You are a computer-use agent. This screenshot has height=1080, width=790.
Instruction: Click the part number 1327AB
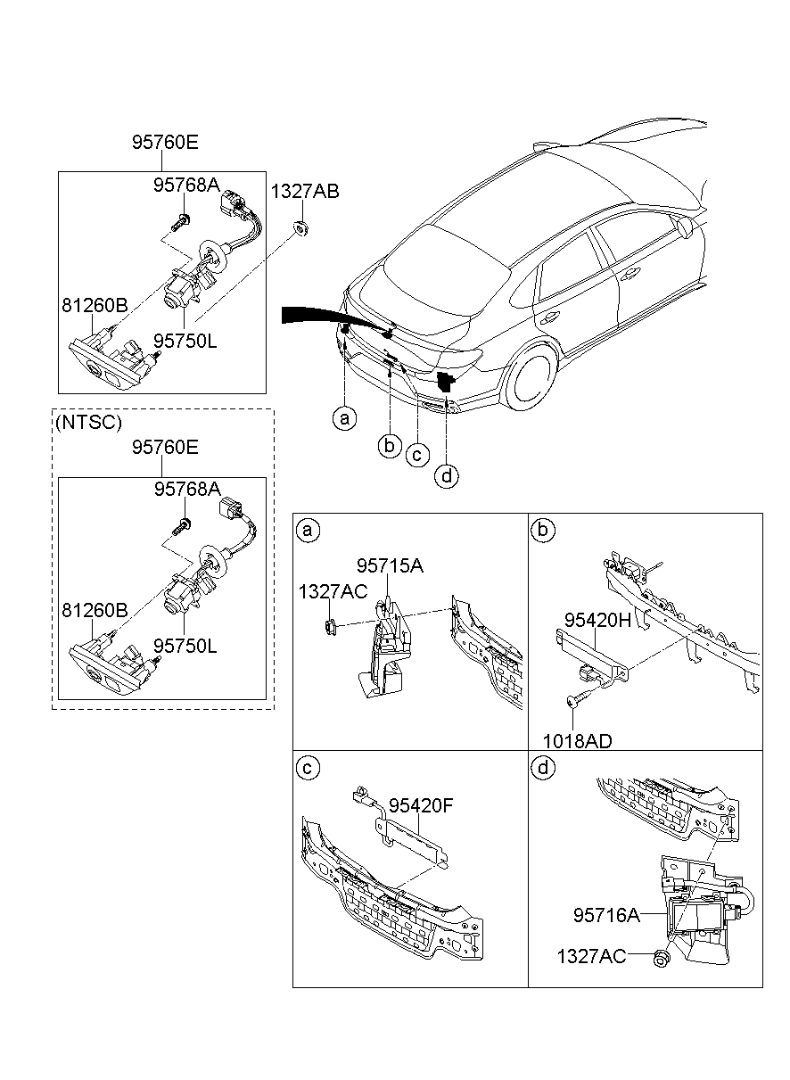pos(305,191)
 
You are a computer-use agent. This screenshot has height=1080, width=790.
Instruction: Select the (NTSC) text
pos(89,423)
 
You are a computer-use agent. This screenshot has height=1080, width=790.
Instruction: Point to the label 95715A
pos(390,565)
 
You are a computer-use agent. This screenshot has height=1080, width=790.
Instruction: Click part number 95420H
pos(598,619)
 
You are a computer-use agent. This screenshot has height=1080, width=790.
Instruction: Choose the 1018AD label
pos(580,740)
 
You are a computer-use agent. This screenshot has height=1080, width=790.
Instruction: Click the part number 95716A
pos(606,915)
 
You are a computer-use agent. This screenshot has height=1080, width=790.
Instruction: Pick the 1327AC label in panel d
pos(590,956)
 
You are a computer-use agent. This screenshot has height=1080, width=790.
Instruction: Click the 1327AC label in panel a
pos(333,590)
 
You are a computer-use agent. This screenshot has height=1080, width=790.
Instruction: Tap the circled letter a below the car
pos(344,416)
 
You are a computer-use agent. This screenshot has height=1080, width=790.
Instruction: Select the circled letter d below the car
pos(448,476)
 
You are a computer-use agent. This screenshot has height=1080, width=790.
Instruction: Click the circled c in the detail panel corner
pos(308,768)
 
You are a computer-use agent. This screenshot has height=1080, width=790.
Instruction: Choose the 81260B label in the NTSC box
pos(95,611)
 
